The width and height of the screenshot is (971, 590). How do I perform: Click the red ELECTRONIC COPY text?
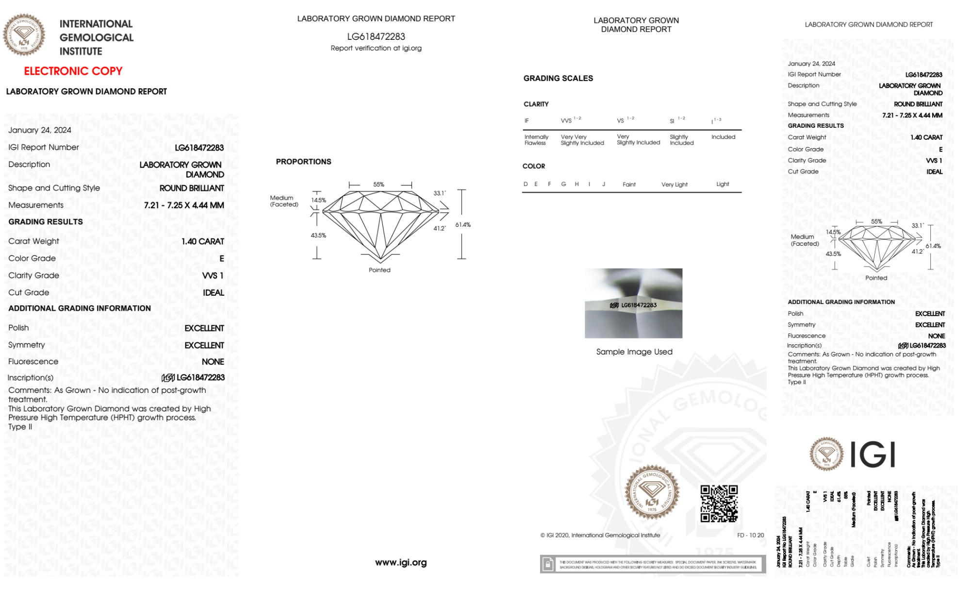click(x=73, y=71)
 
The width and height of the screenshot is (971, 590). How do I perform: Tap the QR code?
click(x=719, y=504)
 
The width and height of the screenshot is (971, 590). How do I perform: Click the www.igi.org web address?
click(x=401, y=562)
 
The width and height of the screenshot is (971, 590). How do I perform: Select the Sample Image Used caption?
click(x=634, y=352)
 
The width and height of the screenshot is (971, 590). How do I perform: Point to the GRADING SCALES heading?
click(x=558, y=78)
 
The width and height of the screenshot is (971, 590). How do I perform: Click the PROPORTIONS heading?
click(x=303, y=162)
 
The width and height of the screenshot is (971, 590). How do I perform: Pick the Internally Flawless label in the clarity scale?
click(x=536, y=140)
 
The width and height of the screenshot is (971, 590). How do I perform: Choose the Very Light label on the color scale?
click(x=674, y=185)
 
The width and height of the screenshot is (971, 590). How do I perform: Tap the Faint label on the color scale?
click(x=629, y=185)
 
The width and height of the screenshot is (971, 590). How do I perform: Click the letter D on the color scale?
click(x=526, y=184)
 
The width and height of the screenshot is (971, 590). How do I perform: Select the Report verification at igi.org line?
click(x=376, y=48)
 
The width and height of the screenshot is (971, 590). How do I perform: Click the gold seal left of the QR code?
click(x=652, y=492)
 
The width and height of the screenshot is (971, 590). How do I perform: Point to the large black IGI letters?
click(x=873, y=455)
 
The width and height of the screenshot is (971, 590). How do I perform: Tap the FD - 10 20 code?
click(x=750, y=535)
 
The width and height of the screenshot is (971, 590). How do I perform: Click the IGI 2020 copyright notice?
click(x=600, y=535)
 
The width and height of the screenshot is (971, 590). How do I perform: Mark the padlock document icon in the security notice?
click(x=548, y=564)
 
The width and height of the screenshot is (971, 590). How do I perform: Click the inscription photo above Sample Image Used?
click(x=633, y=303)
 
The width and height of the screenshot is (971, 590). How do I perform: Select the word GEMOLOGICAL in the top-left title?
click(x=96, y=37)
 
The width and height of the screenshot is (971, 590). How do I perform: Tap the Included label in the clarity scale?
click(x=723, y=137)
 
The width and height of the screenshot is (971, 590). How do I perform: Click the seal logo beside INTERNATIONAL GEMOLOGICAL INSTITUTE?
click(x=24, y=34)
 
